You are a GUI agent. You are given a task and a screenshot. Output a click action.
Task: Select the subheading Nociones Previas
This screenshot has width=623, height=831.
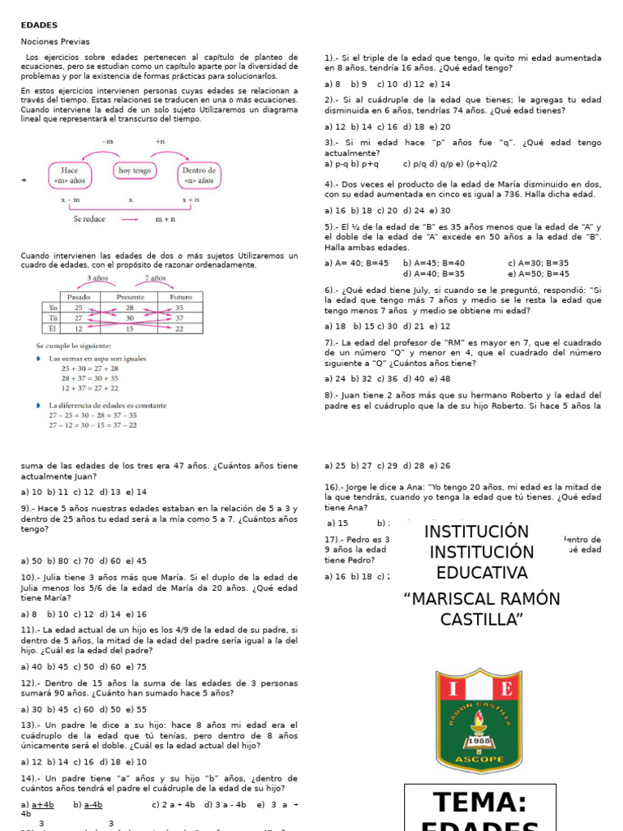(x=55, y=41)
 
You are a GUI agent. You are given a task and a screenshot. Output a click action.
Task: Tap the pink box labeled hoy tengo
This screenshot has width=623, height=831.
(x=135, y=170)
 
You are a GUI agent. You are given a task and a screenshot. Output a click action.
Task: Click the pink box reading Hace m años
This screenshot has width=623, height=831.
(x=70, y=175)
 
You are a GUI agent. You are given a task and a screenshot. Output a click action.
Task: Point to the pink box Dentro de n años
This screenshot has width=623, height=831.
(x=199, y=175)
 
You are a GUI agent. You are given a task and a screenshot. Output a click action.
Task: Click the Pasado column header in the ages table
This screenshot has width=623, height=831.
(x=79, y=297)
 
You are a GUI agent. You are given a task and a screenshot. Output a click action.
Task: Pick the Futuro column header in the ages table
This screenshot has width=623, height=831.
(x=180, y=297)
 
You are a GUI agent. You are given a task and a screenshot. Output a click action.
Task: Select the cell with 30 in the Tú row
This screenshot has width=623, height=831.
(x=130, y=318)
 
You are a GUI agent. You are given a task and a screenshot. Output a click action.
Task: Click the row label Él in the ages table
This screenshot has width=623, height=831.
(x=52, y=329)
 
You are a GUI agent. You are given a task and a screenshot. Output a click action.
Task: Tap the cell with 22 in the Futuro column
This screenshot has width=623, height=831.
(x=180, y=329)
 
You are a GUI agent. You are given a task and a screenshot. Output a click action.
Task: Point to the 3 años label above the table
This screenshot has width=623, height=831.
(x=98, y=278)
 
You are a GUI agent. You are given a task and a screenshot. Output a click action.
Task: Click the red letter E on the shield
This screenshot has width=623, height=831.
(x=506, y=690)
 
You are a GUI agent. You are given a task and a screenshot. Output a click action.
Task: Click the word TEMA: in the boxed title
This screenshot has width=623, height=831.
(x=480, y=802)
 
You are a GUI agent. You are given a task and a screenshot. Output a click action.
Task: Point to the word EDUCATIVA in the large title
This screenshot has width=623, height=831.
(x=482, y=573)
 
